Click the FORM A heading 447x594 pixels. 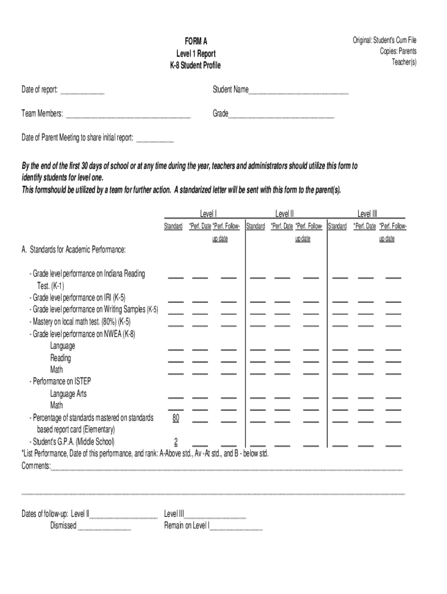(x=196, y=41)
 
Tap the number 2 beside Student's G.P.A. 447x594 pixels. (x=175, y=441)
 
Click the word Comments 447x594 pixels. (x=36, y=466)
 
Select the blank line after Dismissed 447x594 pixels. (x=104, y=526)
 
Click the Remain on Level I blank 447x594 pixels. (x=236, y=526)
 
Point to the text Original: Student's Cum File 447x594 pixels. (x=384, y=40)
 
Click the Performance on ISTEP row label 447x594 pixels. (x=60, y=381)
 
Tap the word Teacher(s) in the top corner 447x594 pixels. (x=404, y=62)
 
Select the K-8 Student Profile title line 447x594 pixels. (x=196, y=66)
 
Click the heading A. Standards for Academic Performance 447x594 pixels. (x=73, y=250)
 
